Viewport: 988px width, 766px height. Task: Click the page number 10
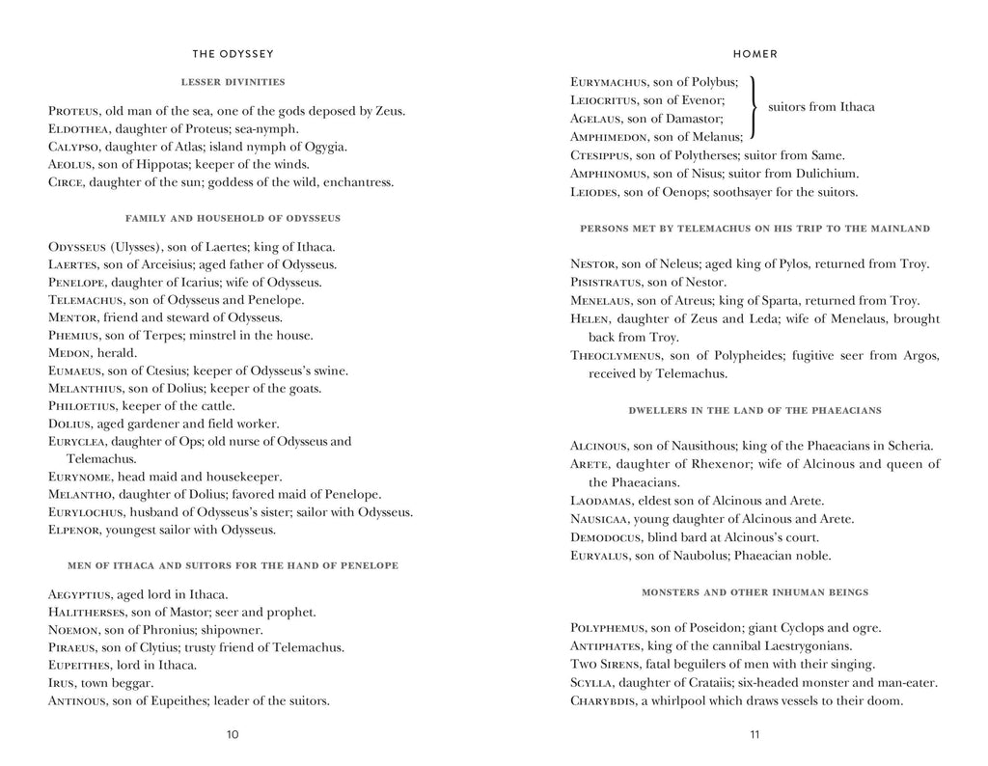[233, 734]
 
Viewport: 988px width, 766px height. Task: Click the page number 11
[755, 734]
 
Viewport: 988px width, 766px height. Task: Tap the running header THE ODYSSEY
[233, 54]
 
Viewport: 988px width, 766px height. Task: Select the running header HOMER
[755, 54]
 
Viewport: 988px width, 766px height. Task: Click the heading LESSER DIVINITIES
[233, 82]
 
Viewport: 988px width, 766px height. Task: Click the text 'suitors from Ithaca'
[821, 107]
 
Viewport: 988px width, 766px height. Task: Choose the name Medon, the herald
[69, 353]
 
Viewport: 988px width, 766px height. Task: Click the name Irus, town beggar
[62, 683]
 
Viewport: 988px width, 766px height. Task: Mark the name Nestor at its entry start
[592, 264]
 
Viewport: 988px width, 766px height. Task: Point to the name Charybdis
[604, 700]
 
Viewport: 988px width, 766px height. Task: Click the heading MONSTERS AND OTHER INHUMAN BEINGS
[755, 591]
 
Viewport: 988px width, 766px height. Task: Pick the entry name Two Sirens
[606, 665]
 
